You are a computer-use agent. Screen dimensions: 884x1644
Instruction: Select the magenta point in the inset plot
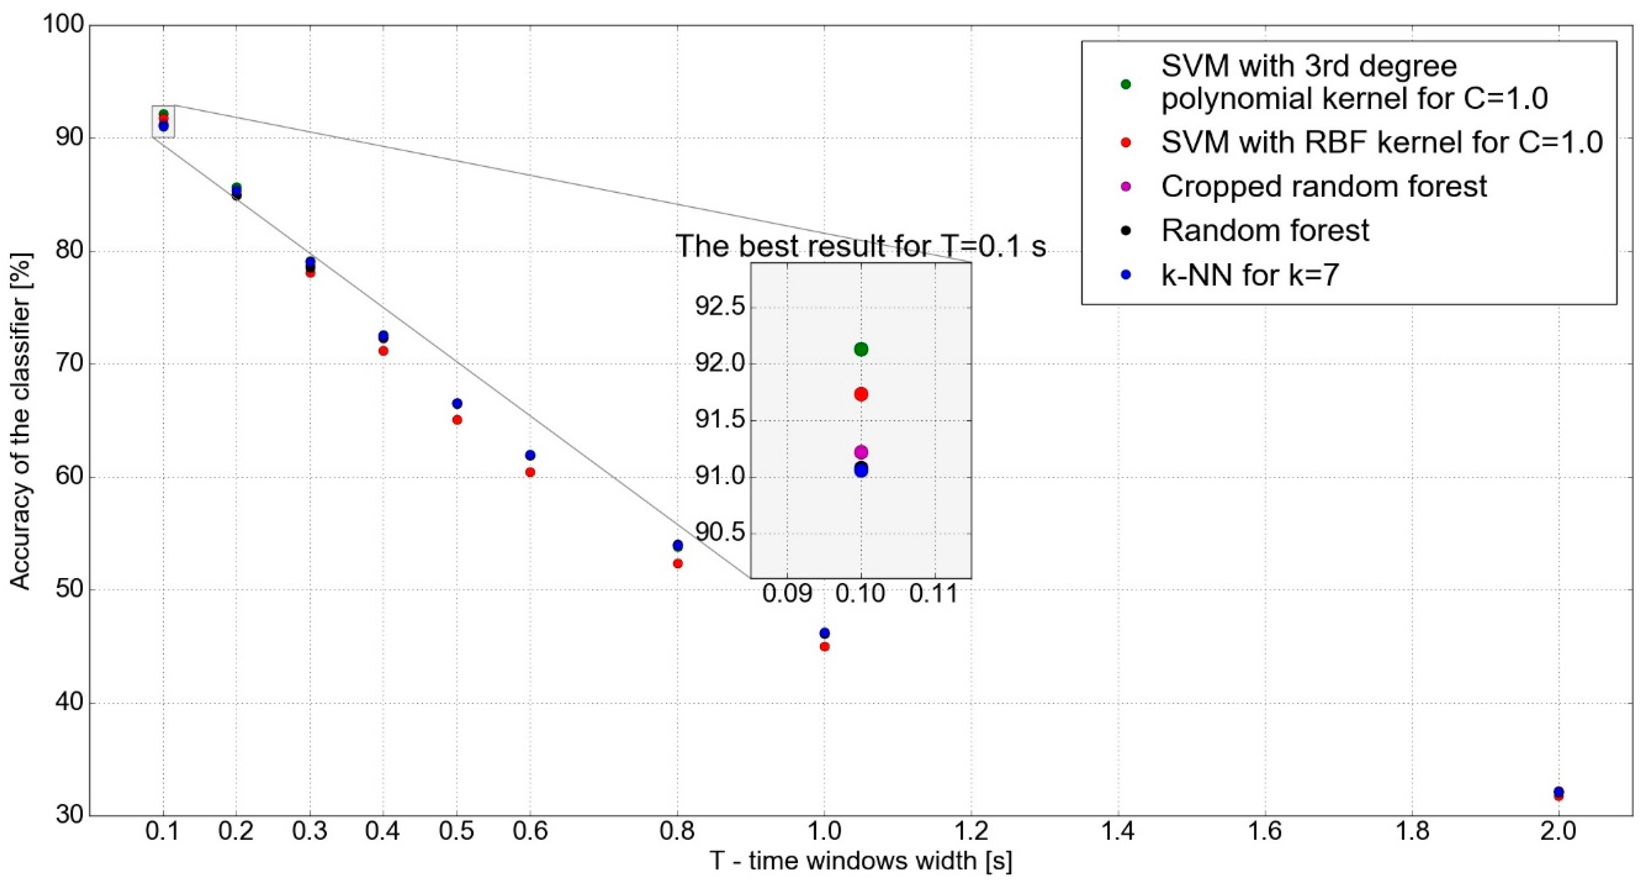click(861, 452)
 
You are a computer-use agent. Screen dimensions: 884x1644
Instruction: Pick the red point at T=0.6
click(530, 472)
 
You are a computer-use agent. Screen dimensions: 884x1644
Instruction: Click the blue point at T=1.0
click(824, 633)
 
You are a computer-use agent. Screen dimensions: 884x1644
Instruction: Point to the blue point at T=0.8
click(678, 545)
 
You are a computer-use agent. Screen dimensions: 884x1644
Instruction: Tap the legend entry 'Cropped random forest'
click(1324, 186)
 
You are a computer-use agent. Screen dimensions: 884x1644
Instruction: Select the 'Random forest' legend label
click(1265, 230)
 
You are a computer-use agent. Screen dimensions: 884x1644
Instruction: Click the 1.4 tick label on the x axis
click(1118, 832)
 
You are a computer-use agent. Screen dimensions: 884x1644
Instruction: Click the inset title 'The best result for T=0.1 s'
click(860, 246)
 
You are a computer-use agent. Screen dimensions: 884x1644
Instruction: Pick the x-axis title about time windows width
click(860, 862)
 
